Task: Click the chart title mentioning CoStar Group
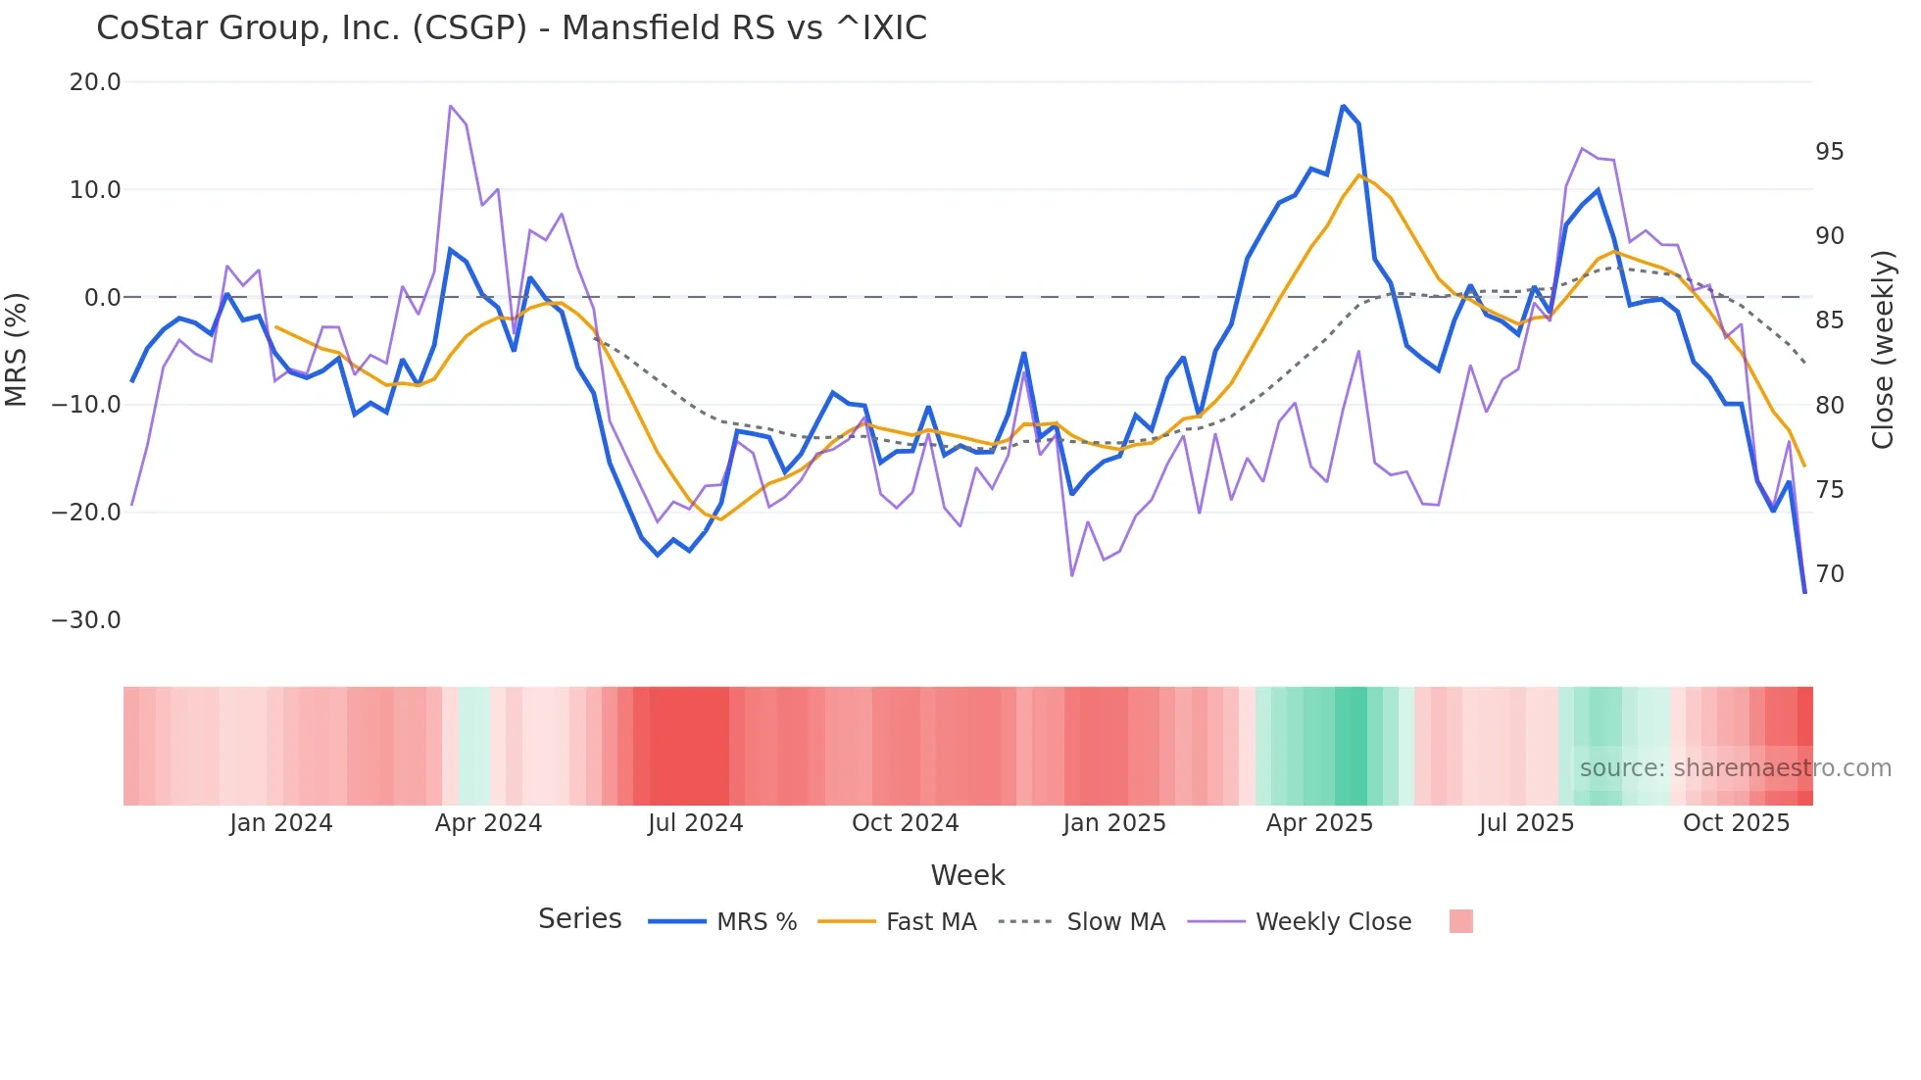511,27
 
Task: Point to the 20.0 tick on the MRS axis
94,82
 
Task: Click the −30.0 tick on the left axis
86,620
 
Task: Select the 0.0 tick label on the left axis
102,298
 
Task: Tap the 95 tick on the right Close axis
1829,152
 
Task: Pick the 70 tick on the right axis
1829,574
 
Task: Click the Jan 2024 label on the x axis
281,823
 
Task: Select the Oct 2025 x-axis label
1736,823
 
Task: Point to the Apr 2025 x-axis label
1319,823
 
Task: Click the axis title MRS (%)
17,350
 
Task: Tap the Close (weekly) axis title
1883,350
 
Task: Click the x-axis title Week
967,875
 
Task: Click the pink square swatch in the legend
1460,922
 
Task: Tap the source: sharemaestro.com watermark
1735,768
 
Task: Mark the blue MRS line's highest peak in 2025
1343,106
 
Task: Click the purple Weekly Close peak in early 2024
450,106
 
